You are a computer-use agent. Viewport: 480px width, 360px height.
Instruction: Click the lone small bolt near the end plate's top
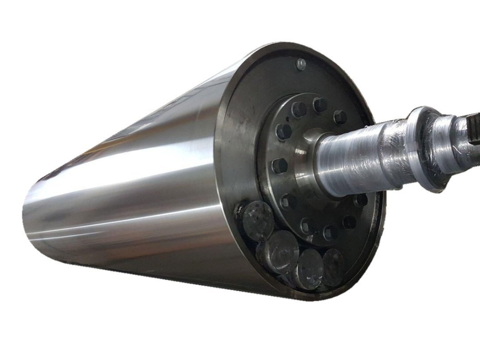click(x=301, y=63)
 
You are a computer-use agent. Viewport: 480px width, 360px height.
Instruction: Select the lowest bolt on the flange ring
click(x=308, y=226)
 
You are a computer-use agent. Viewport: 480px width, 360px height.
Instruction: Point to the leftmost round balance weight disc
click(x=257, y=220)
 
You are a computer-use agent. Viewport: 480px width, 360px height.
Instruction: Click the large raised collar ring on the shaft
click(x=422, y=149)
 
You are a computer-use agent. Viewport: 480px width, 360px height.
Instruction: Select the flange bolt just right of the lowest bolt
click(x=331, y=233)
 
